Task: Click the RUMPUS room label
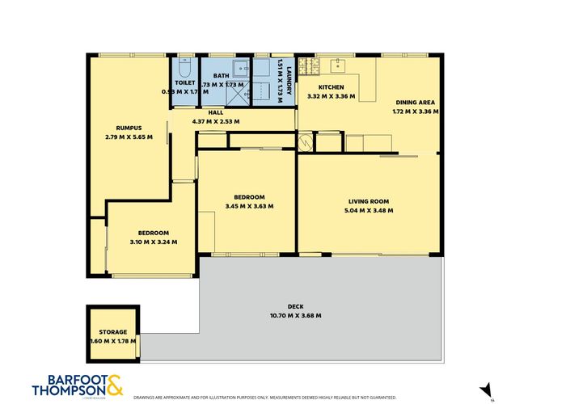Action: click(129, 128)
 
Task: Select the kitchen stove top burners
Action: click(306, 64)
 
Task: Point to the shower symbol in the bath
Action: click(240, 96)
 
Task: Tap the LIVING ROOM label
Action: click(370, 201)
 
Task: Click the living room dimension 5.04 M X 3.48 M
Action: click(370, 210)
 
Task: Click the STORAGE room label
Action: click(113, 332)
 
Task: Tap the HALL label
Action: click(215, 113)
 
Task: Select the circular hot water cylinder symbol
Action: click(306, 143)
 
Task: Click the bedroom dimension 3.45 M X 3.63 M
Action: click(249, 206)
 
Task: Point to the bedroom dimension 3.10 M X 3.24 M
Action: click(153, 242)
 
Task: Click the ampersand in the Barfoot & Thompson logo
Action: click(115, 384)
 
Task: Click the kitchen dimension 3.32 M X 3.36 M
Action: click(332, 96)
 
